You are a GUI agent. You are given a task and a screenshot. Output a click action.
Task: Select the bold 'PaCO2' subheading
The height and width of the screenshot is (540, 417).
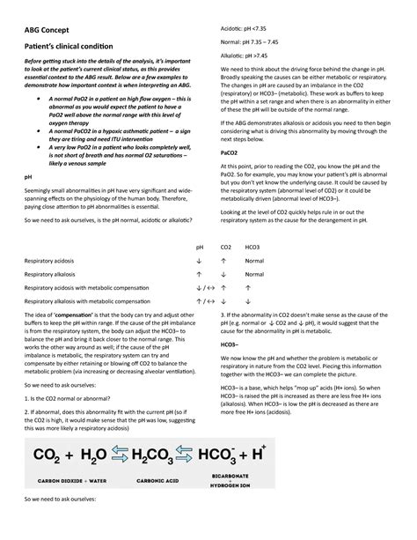point(227,152)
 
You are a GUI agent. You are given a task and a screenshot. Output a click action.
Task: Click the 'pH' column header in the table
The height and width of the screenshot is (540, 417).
point(200,248)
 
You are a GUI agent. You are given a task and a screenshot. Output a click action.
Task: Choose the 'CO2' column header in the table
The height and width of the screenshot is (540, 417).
point(225,248)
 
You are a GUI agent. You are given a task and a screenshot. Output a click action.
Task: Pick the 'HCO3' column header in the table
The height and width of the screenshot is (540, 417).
point(252,248)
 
